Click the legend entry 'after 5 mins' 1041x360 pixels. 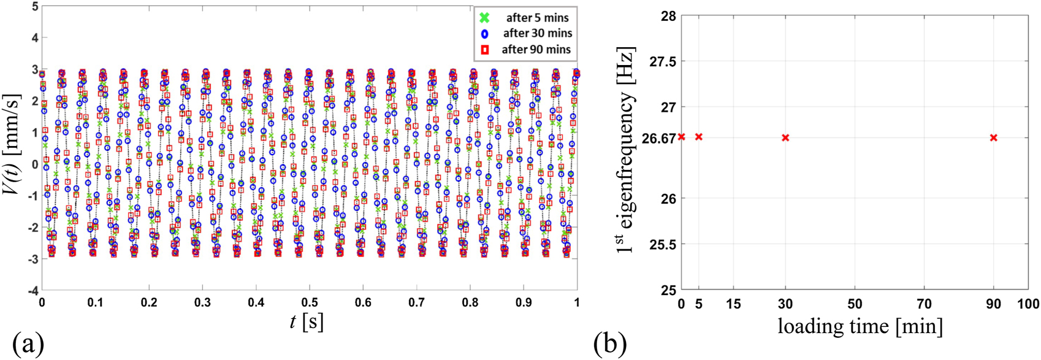pos(537,18)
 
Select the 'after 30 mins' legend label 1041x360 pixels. pos(538,33)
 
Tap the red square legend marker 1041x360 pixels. pos(484,50)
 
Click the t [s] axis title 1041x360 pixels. pos(307,321)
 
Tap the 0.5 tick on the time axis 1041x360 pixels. pos(310,302)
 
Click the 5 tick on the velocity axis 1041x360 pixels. pos(35,7)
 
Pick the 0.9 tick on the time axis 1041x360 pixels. pos(524,302)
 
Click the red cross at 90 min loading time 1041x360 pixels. pos(993,138)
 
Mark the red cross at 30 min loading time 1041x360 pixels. pos(785,138)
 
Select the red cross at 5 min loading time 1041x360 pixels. pos(699,137)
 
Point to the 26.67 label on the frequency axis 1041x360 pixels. pos(658,139)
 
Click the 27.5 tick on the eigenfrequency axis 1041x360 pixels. pos(663,62)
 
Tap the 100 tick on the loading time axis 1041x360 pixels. pos(1028,304)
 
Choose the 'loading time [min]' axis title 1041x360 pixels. pos(860,326)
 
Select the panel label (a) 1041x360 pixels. pos(28,344)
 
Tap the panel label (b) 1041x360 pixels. pos(609,344)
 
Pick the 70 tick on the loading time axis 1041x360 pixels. pos(924,304)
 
